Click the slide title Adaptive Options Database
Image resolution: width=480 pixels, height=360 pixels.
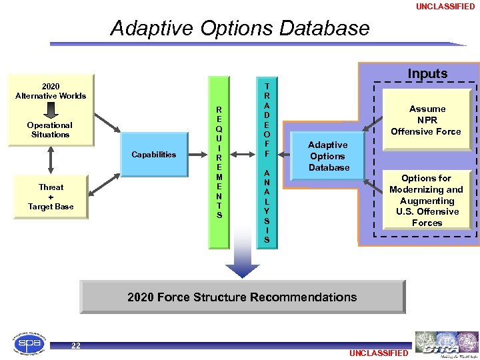239,28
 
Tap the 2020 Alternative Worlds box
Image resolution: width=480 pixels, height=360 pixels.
51,91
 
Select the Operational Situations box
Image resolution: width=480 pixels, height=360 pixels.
50,130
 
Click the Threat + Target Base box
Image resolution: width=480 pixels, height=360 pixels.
51,197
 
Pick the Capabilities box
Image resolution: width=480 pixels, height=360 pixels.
154,154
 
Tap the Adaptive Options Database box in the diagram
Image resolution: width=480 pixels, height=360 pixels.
329,156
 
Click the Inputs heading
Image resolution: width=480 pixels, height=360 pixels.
427,73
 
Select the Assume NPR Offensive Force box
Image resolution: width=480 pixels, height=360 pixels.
426,120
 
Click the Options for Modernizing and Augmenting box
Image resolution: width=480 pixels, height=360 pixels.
427,200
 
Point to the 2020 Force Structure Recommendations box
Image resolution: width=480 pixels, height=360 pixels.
242,297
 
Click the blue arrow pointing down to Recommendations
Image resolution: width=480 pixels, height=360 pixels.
242,267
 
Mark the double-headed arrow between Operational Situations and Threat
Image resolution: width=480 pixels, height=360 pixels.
51,160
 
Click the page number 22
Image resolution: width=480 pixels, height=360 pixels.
76,345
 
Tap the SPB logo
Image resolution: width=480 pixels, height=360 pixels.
30,344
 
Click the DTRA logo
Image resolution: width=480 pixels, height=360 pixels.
445,344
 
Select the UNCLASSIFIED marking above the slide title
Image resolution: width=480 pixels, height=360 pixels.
445,7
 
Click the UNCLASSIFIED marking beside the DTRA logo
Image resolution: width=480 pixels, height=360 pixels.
377,353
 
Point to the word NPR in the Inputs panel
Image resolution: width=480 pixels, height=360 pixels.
427,120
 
